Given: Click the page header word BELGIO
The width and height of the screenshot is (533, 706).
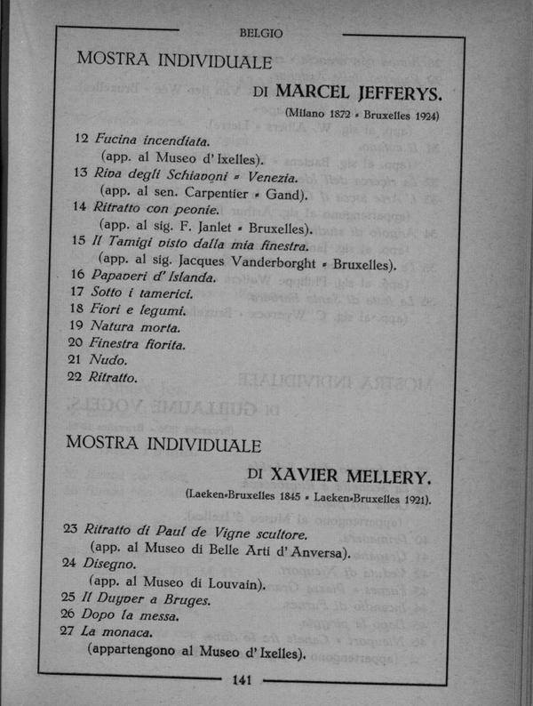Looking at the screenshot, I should coord(260,34).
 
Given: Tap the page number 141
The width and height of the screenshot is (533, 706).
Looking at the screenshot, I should coord(243,681).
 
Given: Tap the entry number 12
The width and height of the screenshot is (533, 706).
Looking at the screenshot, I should coord(81,140).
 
